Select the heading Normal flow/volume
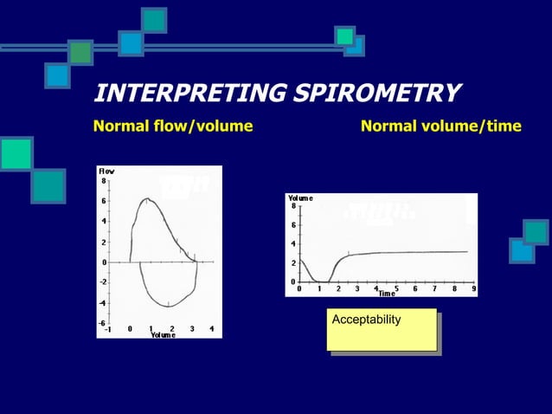pos(172,126)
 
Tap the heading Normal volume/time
pos(440,126)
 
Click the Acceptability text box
pos(381,329)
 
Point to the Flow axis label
pos(106,171)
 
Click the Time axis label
pos(386,294)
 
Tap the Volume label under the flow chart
pos(163,334)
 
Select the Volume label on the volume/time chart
pos(300,198)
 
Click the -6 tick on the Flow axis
pos(101,322)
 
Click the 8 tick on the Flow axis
pos(103,181)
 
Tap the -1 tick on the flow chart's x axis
pos(107,329)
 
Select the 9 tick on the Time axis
pos(473,288)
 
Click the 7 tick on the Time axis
pos(435,288)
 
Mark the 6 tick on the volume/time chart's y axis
pos(293,225)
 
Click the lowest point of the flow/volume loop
pos(167,307)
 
